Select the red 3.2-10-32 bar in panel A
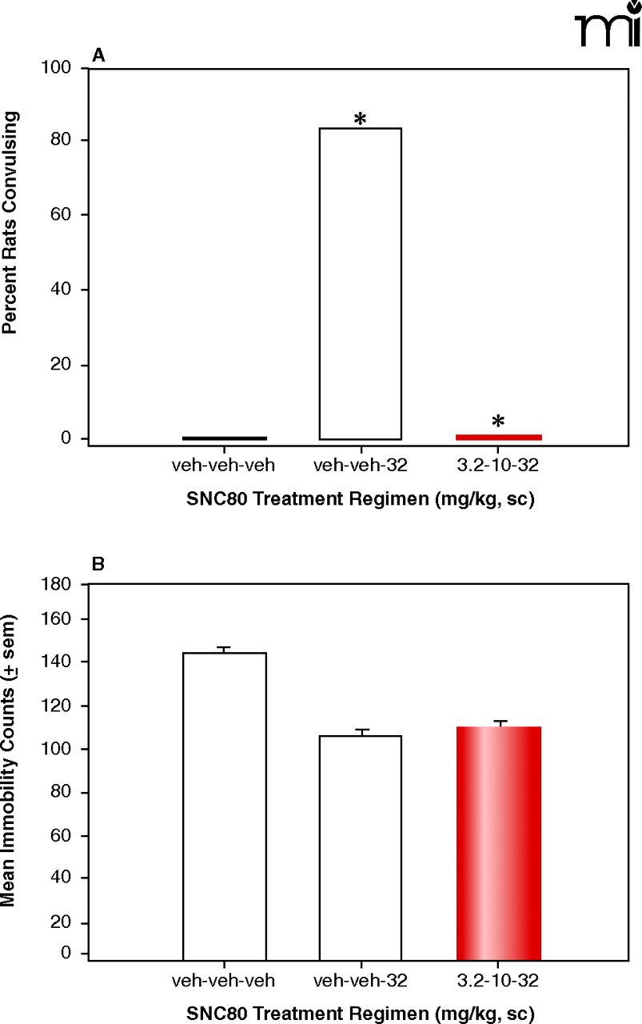click(x=498, y=437)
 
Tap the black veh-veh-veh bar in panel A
click(x=224, y=438)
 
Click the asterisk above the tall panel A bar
click(x=361, y=119)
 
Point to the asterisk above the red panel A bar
click(x=497, y=422)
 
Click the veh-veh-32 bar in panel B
click(x=361, y=847)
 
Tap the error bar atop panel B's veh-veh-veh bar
click(x=224, y=649)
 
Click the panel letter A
click(x=98, y=54)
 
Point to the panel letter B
click(x=98, y=563)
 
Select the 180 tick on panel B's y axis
click(x=62, y=585)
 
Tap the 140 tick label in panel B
click(x=62, y=662)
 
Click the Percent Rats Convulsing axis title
click(x=11, y=222)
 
